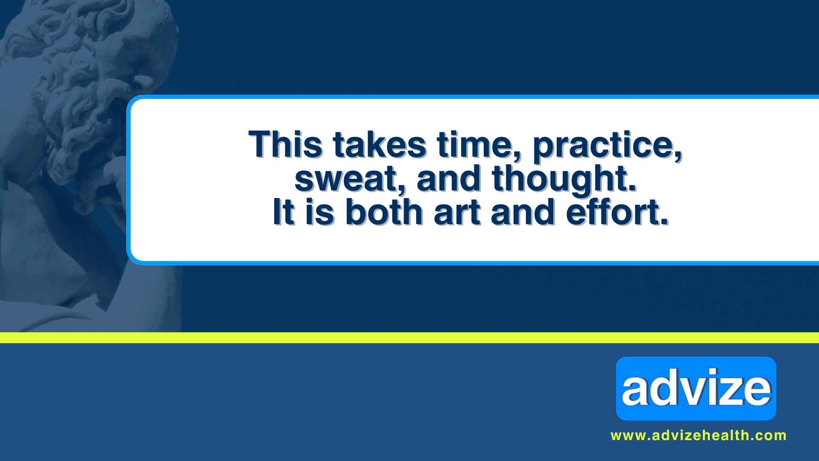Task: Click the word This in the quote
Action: coord(285,144)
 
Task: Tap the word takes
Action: coord(380,144)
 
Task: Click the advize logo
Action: coord(696,388)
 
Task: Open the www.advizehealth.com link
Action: coord(698,435)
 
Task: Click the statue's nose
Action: coord(143,79)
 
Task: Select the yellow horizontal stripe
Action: coord(409,338)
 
